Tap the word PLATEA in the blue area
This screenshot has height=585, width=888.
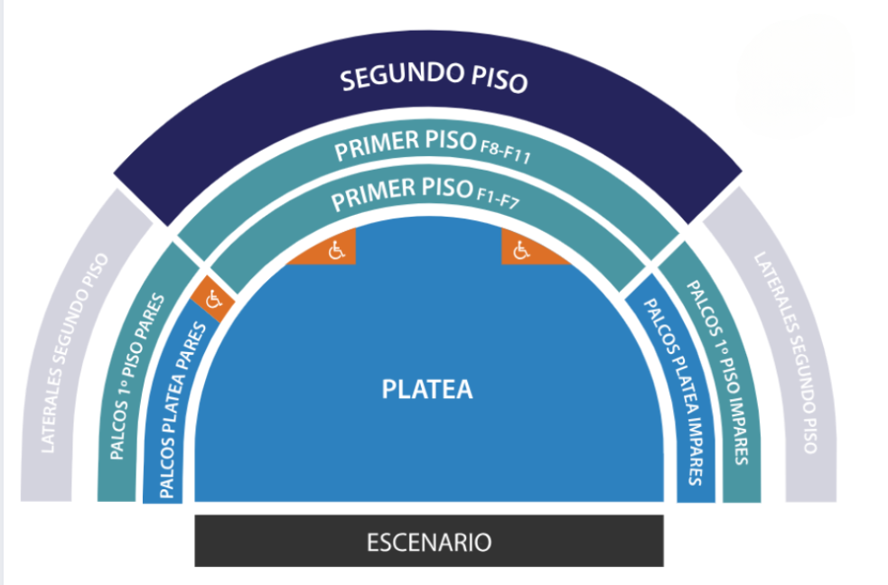427,389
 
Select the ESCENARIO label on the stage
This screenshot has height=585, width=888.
429,543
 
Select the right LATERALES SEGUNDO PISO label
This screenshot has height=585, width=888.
786,352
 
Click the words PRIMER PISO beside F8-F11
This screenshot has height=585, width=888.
403,146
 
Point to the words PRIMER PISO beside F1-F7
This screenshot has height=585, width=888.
401,192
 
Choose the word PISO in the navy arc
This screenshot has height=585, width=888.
500,80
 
